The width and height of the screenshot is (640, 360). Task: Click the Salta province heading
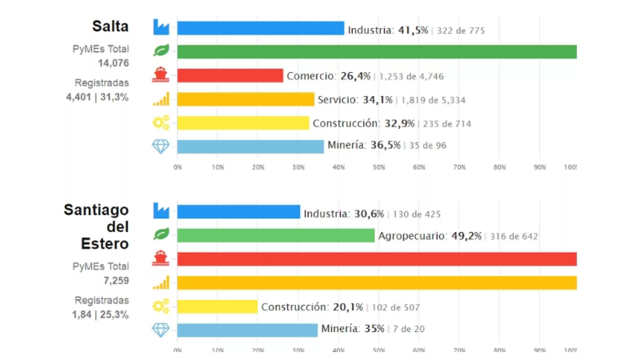[110, 26]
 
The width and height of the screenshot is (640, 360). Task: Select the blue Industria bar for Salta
[260, 28]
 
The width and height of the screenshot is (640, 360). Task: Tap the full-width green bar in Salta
[376, 52]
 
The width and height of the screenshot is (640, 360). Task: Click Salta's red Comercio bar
[230, 76]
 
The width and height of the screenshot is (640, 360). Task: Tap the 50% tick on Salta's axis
[379, 167]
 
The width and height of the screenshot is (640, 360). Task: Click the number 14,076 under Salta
[113, 63]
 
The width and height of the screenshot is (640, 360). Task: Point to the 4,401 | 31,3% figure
[97, 97]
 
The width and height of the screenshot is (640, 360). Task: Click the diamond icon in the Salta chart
[161, 146]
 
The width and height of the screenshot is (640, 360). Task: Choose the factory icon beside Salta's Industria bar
[161, 27]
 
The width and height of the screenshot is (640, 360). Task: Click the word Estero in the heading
[104, 244]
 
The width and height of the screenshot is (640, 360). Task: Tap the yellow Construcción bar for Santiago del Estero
[217, 307]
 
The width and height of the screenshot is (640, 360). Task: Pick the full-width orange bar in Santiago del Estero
[376, 283]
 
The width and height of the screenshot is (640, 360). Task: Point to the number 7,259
[116, 281]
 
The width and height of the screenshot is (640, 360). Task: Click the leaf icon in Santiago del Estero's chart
[161, 234]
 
